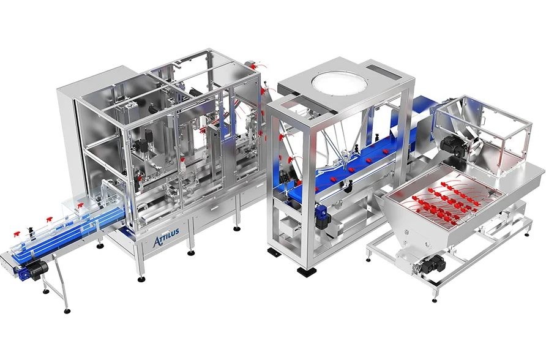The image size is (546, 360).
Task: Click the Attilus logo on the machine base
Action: (166, 237)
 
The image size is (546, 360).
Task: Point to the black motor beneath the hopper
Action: (434, 263)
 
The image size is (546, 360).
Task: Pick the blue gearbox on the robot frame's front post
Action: (322, 216)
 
